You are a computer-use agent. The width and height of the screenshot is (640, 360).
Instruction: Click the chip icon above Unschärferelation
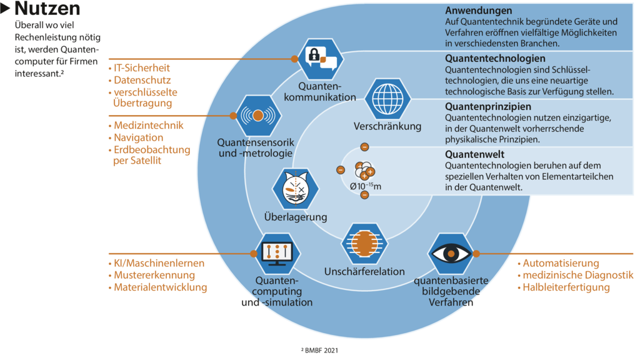365,244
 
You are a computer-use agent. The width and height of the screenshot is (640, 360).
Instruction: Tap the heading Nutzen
47,9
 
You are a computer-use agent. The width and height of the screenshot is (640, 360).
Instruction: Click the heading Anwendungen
478,11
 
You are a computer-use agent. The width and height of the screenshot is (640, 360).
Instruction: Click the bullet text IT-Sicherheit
141,67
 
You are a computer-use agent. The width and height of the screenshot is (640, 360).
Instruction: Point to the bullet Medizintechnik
149,126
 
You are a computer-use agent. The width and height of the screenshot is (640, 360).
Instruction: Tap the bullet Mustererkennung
154,275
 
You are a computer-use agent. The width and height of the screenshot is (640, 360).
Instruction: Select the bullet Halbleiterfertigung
566,287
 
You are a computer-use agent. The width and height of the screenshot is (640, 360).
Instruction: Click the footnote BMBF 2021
320,351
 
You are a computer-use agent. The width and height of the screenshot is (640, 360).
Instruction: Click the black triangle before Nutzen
6,9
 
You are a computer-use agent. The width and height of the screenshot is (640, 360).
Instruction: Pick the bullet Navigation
138,137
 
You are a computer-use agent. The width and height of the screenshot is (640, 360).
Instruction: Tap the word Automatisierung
561,263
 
